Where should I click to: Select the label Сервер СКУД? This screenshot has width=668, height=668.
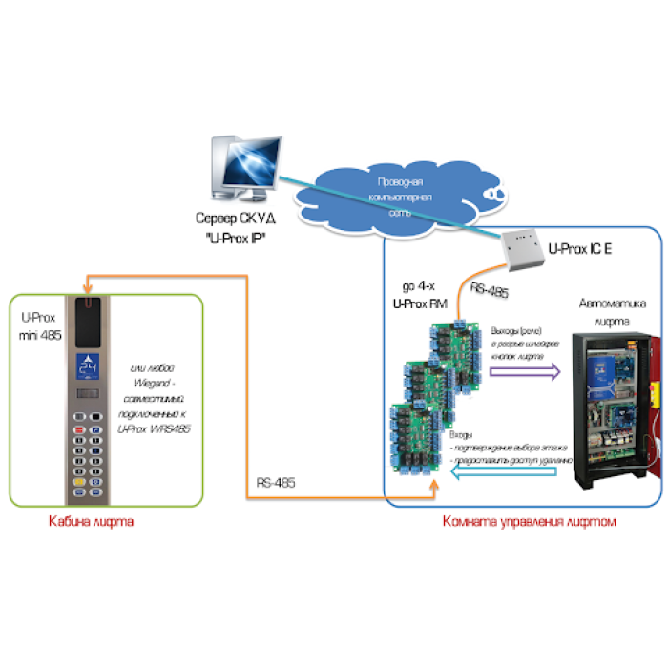click(228, 219)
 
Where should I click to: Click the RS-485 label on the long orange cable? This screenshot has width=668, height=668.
click(276, 484)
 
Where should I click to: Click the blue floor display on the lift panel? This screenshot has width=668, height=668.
click(92, 365)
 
